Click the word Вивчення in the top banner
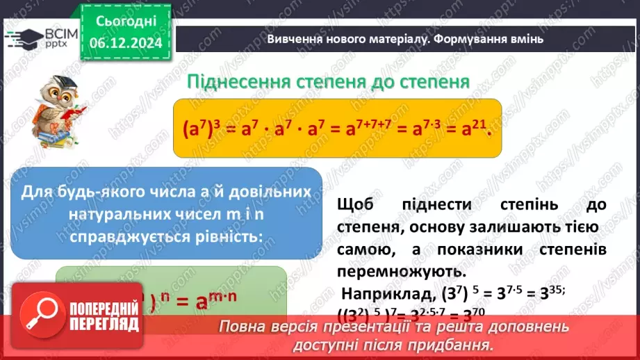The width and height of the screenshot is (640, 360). (x=293, y=39)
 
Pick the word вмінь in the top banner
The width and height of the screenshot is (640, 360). (x=527, y=39)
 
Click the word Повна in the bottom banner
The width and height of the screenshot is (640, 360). (x=240, y=326)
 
